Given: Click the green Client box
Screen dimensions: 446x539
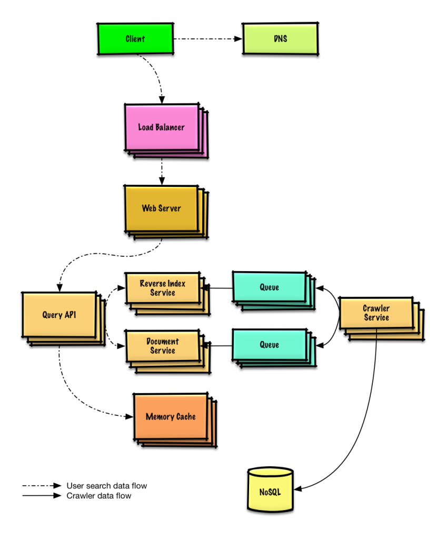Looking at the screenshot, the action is (135, 39).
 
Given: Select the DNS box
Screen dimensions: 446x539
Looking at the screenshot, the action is (280, 39).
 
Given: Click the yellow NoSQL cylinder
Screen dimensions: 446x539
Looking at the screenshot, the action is (270, 490).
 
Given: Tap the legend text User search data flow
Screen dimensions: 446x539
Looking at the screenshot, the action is (106, 486).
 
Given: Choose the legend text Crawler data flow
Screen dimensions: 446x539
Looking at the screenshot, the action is (98, 496).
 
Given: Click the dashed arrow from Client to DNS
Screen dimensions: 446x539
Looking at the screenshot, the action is (208, 39).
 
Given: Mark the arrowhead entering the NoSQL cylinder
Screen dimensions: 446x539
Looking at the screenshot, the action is (298, 488).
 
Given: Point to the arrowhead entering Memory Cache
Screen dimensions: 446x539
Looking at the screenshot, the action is (130, 417).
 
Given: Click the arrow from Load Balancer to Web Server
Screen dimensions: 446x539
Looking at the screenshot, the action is (162, 172).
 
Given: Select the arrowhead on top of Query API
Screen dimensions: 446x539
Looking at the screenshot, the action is (60, 288).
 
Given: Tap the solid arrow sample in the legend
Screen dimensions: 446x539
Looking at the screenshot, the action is (42, 496).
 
